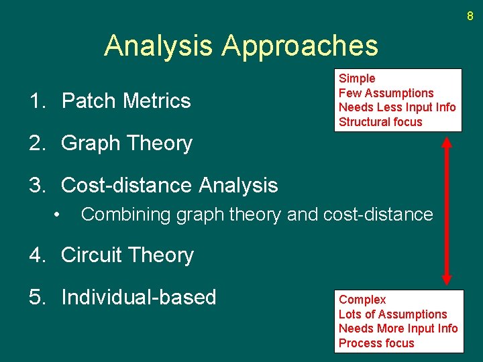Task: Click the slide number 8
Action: tap(470, 15)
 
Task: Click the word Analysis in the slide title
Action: tap(159, 46)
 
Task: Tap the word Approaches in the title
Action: tap(300, 46)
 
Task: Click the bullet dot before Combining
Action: tap(59, 215)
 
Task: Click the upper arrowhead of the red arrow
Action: tap(447, 141)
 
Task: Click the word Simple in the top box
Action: tap(357, 78)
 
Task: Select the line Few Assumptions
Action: tap(386, 93)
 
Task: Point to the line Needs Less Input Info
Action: tap(397, 107)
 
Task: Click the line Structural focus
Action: tap(380, 122)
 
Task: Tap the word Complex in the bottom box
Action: tap(362, 300)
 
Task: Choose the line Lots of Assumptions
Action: tap(392, 314)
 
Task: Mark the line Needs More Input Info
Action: tap(398, 328)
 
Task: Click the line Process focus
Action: tap(376, 343)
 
